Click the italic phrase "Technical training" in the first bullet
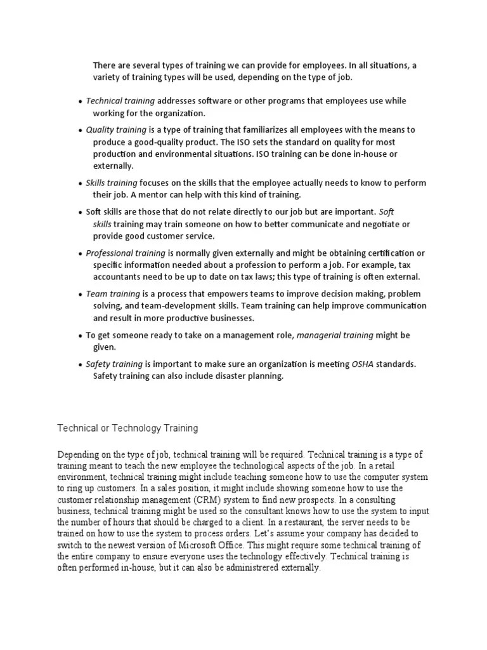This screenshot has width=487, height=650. coord(120,102)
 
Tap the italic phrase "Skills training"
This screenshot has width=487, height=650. coord(112,183)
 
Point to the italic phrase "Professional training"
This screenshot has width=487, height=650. coord(125,253)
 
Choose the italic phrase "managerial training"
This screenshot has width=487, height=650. coord(335,335)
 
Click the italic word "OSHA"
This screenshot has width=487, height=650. coord(365,364)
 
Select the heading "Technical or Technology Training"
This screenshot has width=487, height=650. coord(128,428)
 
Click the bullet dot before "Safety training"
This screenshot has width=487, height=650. coord(80,365)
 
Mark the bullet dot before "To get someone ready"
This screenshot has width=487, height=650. coord(80,336)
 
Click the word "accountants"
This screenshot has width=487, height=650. coord(118,277)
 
